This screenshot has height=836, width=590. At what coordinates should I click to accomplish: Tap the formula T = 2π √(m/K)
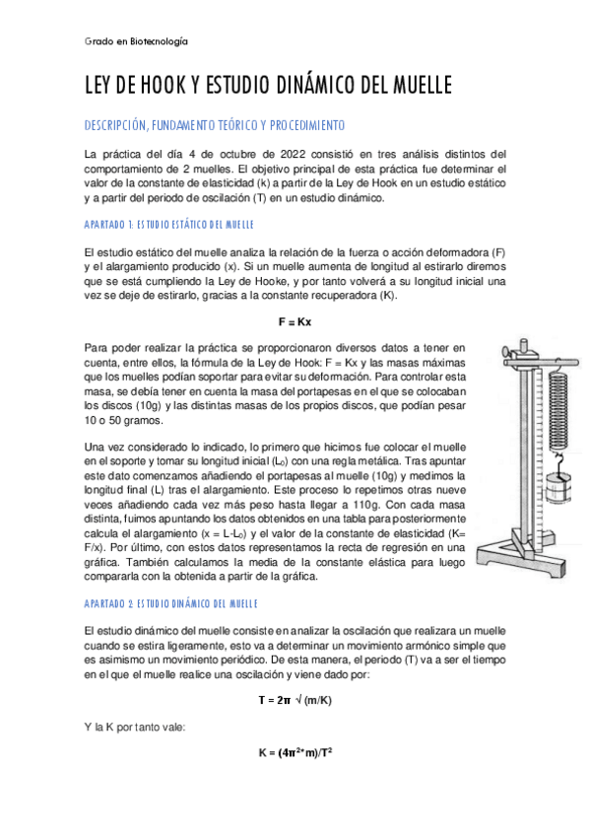pyautogui.click(x=295, y=699)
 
